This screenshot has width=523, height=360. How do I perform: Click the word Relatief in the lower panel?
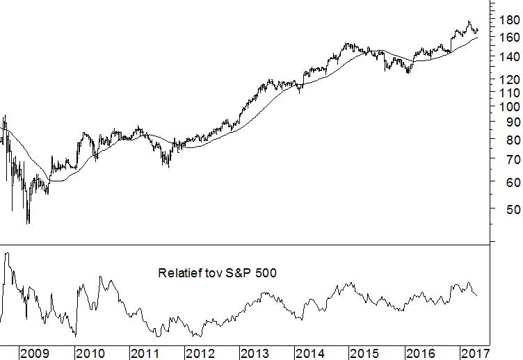click(x=179, y=274)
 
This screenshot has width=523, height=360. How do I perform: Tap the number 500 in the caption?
click(x=266, y=274)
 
